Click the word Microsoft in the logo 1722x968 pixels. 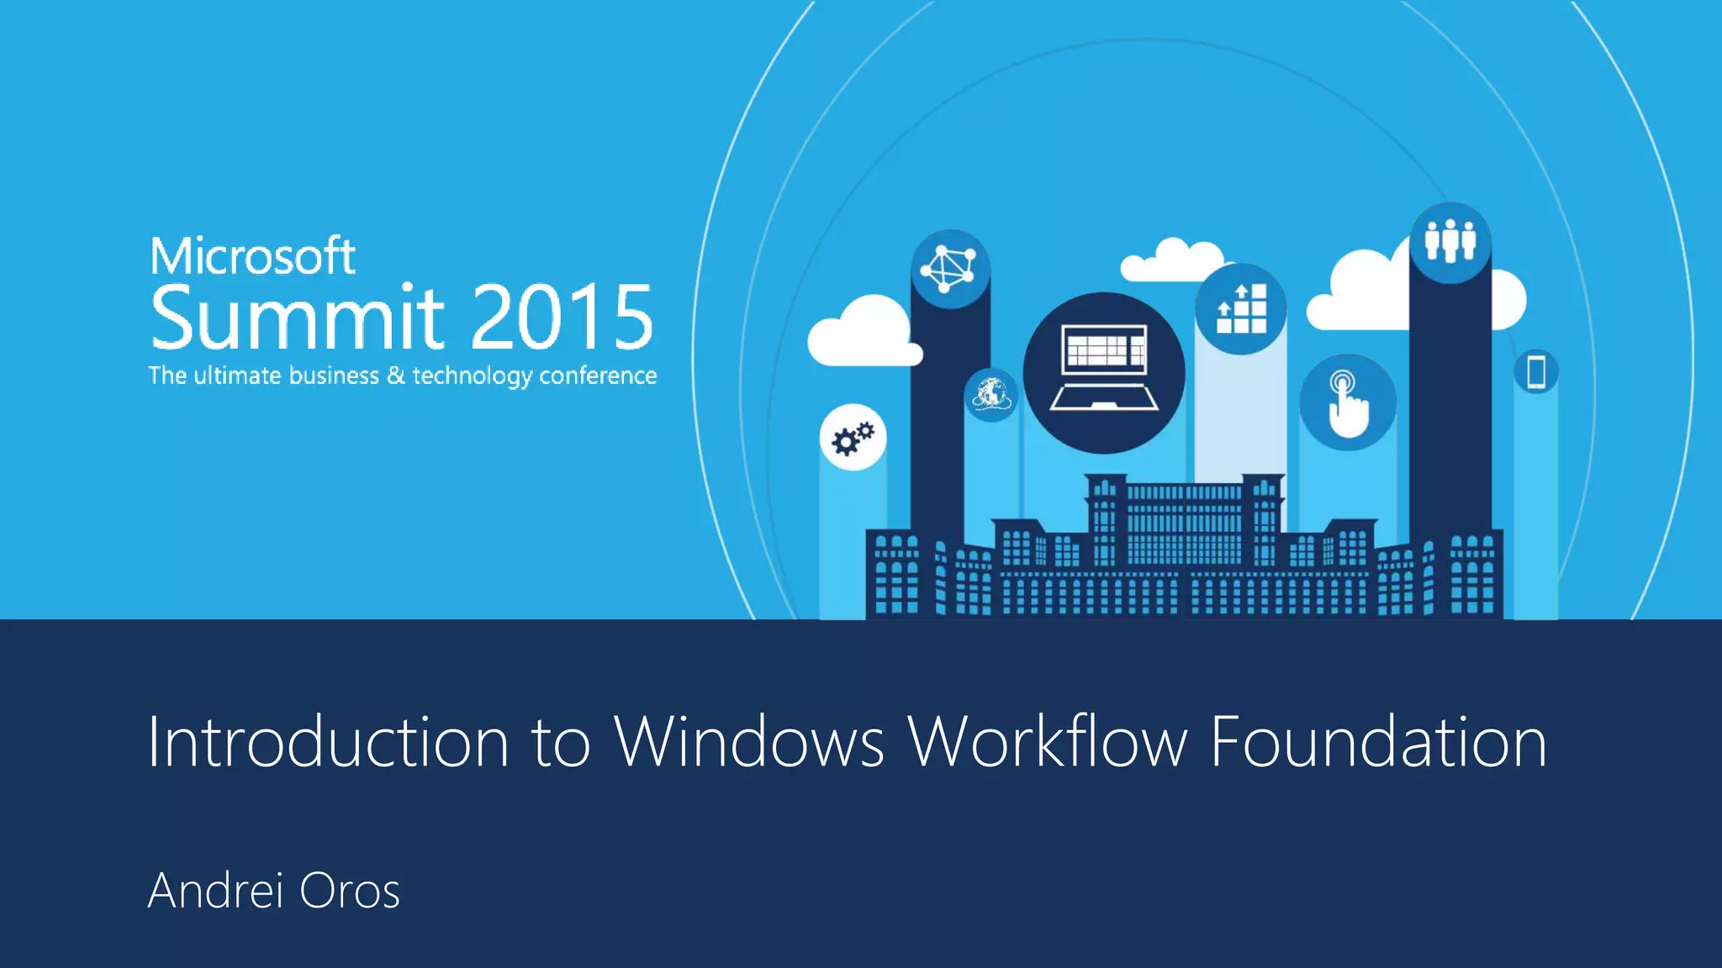tap(252, 256)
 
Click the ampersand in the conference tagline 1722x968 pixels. tap(395, 376)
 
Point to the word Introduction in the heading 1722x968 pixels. tap(328, 742)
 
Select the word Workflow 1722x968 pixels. tap(1048, 742)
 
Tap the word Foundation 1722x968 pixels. tap(1378, 742)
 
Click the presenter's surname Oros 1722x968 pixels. tap(349, 891)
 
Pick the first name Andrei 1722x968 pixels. tap(215, 891)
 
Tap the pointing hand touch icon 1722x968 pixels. tap(1347, 402)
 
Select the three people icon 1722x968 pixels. tap(1450, 242)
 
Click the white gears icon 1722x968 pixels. tap(853, 438)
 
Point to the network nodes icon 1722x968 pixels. tap(949, 269)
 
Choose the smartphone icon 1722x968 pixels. tap(1535, 371)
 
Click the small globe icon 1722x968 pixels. tap(991, 393)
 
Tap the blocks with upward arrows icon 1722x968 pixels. tap(1241, 308)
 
